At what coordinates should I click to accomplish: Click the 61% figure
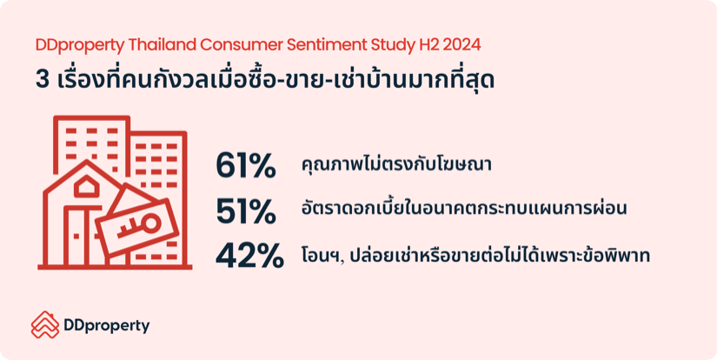[x=246, y=166]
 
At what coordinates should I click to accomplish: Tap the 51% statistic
[x=246, y=211]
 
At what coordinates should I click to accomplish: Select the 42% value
[x=249, y=257]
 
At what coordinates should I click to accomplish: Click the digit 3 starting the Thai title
[x=43, y=80]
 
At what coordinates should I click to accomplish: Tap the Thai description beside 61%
[x=396, y=164]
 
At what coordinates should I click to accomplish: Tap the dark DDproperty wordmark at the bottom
[x=107, y=327]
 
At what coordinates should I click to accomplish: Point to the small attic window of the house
[x=86, y=187]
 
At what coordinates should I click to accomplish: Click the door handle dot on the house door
[x=76, y=236]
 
